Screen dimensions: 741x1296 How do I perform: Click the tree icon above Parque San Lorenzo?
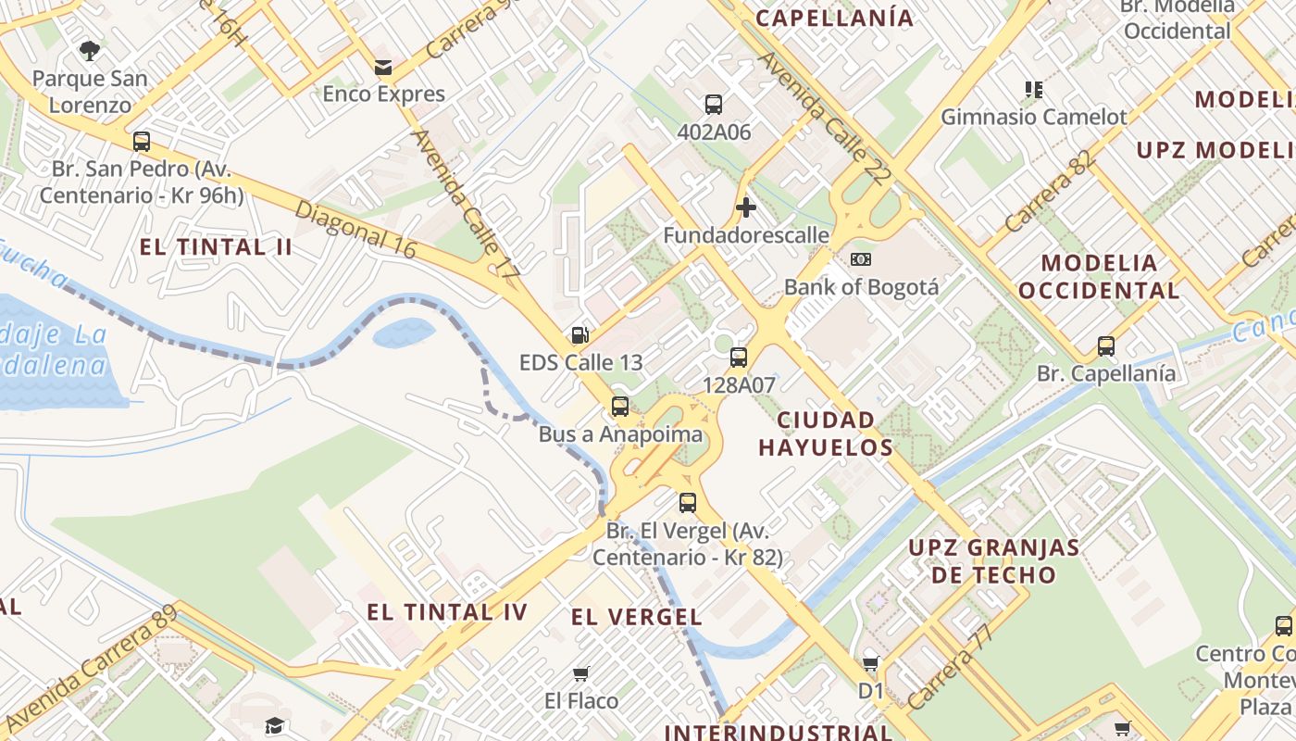point(90,50)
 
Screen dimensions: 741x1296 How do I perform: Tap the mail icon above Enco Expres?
point(382,68)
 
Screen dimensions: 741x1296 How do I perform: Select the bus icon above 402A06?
point(713,105)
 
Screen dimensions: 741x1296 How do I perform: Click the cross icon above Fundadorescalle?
point(745,207)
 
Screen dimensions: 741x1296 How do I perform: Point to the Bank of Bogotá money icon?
point(861,259)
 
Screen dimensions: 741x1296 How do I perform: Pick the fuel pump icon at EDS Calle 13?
point(580,334)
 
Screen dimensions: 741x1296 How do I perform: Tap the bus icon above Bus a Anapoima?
point(620,407)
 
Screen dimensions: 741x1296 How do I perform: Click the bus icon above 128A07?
point(738,358)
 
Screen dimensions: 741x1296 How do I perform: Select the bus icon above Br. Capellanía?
point(1105,346)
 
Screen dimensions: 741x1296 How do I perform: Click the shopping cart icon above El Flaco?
point(581,673)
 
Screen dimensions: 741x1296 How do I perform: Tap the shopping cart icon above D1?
point(870,663)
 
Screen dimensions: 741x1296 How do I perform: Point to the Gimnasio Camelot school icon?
point(1034,90)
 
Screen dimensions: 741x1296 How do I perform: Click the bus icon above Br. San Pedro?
point(142,142)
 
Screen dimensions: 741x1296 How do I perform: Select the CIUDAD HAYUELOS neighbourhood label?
point(826,433)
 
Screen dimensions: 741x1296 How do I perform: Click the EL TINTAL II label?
point(216,247)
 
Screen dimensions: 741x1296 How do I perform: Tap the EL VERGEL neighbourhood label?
point(637,617)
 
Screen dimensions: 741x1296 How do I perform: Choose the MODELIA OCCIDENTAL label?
point(1099,276)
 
